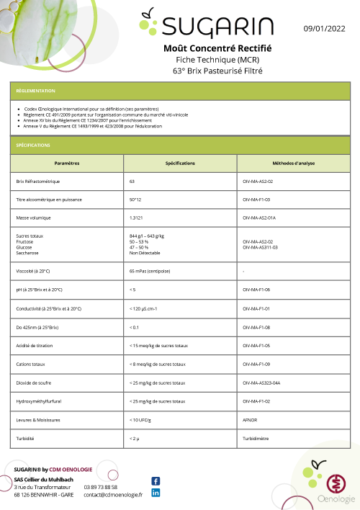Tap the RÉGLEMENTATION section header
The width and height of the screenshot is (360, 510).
click(36, 91)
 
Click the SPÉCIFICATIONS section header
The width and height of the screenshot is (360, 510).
click(34, 145)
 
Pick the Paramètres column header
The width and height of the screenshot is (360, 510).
click(67, 164)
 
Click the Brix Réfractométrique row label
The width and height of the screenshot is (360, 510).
click(38, 182)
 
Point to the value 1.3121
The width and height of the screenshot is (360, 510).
click(137, 217)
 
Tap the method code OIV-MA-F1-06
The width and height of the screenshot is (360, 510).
click(257, 290)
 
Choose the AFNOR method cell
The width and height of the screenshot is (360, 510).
click(251, 419)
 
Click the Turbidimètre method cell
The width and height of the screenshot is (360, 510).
click(258, 438)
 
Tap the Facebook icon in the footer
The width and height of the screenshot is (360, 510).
click(156, 481)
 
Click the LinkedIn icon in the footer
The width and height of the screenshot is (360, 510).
click(156, 493)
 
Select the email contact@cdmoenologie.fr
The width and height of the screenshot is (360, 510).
click(113, 495)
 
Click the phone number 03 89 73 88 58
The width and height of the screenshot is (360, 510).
click(101, 487)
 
